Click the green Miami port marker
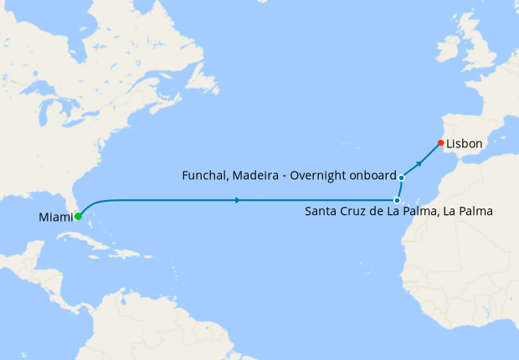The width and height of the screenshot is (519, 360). (78, 216)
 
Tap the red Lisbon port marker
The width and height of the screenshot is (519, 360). (440, 141)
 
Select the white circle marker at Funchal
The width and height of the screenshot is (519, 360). (402, 177)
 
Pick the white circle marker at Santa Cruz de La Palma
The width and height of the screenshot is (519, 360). (396, 200)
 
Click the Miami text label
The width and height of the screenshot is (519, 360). (55, 218)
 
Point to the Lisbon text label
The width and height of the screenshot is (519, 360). (465, 144)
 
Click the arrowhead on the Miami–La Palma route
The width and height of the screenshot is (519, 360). (239, 200)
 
